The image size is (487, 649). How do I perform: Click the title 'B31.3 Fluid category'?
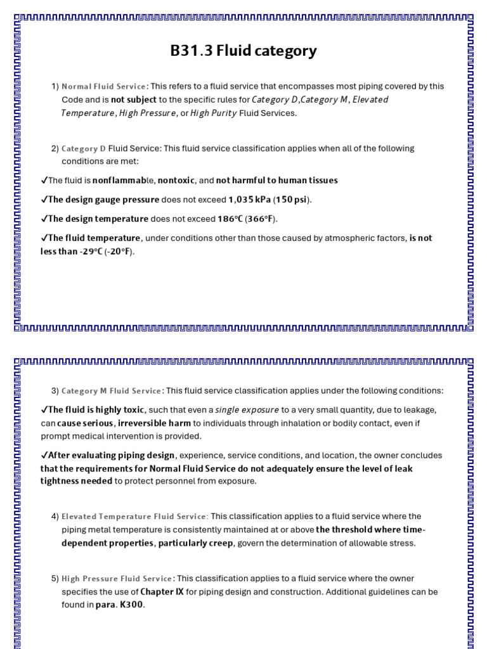coord(243,51)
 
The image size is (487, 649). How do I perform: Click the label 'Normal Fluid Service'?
coord(104,86)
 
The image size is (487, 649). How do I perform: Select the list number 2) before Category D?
coord(55,148)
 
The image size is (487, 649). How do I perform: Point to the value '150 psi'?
coord(292,200)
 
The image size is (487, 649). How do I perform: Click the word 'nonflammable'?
coord(124,181)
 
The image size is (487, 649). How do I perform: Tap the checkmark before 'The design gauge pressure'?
coord(44,200)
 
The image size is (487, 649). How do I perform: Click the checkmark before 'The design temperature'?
coord(44,219)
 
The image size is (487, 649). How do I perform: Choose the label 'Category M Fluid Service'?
coord(112,390)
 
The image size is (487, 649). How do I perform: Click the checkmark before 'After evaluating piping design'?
coord(44,455)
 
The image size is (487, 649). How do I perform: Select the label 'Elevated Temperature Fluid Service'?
coord(134,517)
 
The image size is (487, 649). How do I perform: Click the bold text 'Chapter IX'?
coord(161,592)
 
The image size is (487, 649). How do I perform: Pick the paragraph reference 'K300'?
coord(132,605)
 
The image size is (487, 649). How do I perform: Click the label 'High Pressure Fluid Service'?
coord(117,579)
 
